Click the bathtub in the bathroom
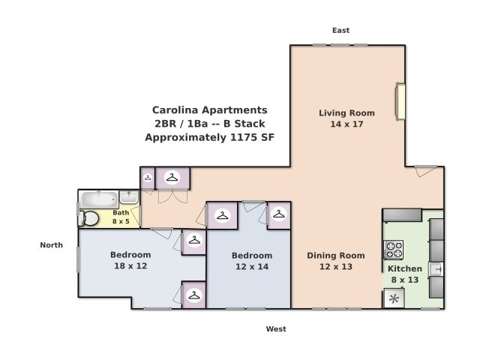[x=98, y=199]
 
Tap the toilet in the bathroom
[x=90, y=218]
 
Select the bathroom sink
[x=129, y=198]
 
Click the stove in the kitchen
[x=393, y=250]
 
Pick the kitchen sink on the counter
[x=436, y=268]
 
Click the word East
[x=341, y=30]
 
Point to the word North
[x=51, y=244]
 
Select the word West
[x=276, y=328]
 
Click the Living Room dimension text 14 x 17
[x=346, y=124]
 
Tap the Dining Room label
[x=335, y=256]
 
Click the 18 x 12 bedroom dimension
[x=130, y=266]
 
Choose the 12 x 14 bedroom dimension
[x=251, y=267]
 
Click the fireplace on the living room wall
[x=400, y=102]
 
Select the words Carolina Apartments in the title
[x=209, y=109]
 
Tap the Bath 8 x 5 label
[x=121, y=217]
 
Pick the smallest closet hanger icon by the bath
[x=148, y=178]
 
